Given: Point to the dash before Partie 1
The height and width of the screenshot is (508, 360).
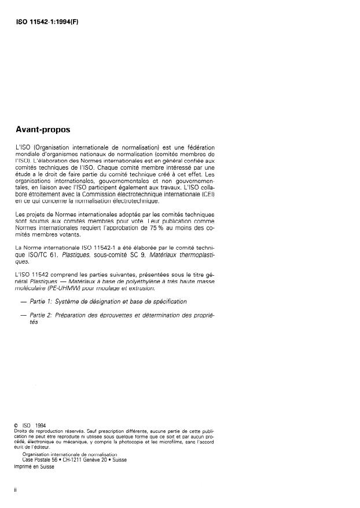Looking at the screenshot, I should [23, 302].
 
